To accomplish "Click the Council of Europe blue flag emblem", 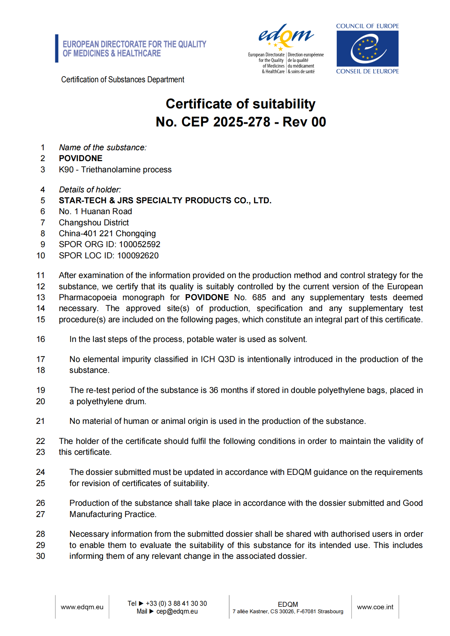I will tap(367, 49).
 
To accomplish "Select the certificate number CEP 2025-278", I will tap(226, 122).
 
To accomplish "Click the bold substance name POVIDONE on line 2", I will tap(81, 158).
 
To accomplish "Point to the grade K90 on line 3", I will tap(66, 170).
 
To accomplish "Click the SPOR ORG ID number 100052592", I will tap(139, 244).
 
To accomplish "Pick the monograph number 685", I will tap(259, 297).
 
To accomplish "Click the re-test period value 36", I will tap(214, 390).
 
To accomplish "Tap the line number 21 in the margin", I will tap(40, 421).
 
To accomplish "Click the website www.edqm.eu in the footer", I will tap(82, 607).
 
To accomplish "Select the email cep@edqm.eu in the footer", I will tap(177, 612).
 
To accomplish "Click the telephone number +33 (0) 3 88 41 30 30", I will tap(176, 603).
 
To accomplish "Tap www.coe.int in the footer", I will tap(375, 607).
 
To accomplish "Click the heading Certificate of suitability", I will tap(240, 104).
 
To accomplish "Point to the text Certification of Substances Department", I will tap(122, 80).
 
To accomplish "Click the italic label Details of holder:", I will tap(90, 190).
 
